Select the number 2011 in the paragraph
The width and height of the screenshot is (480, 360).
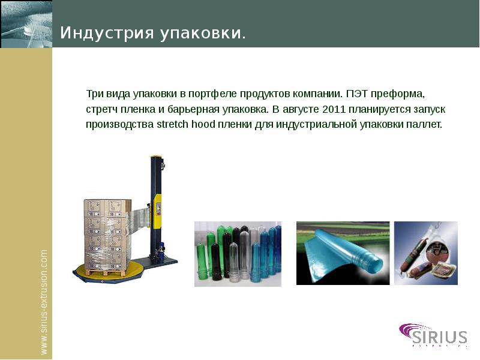pyautogui.click(x=334, y=110)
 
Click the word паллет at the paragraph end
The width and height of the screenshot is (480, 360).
pyautogui.click(x=425, y=125)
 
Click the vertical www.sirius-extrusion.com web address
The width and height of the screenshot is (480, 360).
pyautogui.click(x=44, y=302)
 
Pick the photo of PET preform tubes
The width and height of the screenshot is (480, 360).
pyautogui.click(x=238, y=253)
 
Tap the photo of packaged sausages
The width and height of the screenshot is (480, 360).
pyautogui.click(x=425, y=253)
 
